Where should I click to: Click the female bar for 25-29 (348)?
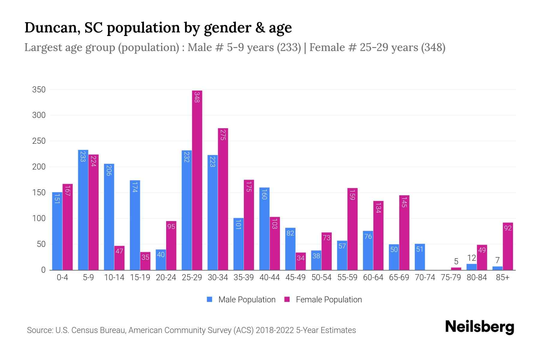197,180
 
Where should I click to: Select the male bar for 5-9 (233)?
83,210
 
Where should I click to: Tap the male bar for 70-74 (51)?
420,257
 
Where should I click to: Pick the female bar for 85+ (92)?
508,246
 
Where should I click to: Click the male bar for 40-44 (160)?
264,229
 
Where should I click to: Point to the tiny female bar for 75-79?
456,268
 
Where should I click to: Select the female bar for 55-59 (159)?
352,229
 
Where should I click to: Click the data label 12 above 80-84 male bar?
472,258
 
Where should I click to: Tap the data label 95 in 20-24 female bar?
171,227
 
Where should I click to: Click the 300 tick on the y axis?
39,115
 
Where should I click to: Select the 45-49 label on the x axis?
295,277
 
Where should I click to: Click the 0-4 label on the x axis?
62,277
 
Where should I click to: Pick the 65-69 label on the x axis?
399,277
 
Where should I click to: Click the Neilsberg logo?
479,327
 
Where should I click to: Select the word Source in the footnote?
40,330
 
